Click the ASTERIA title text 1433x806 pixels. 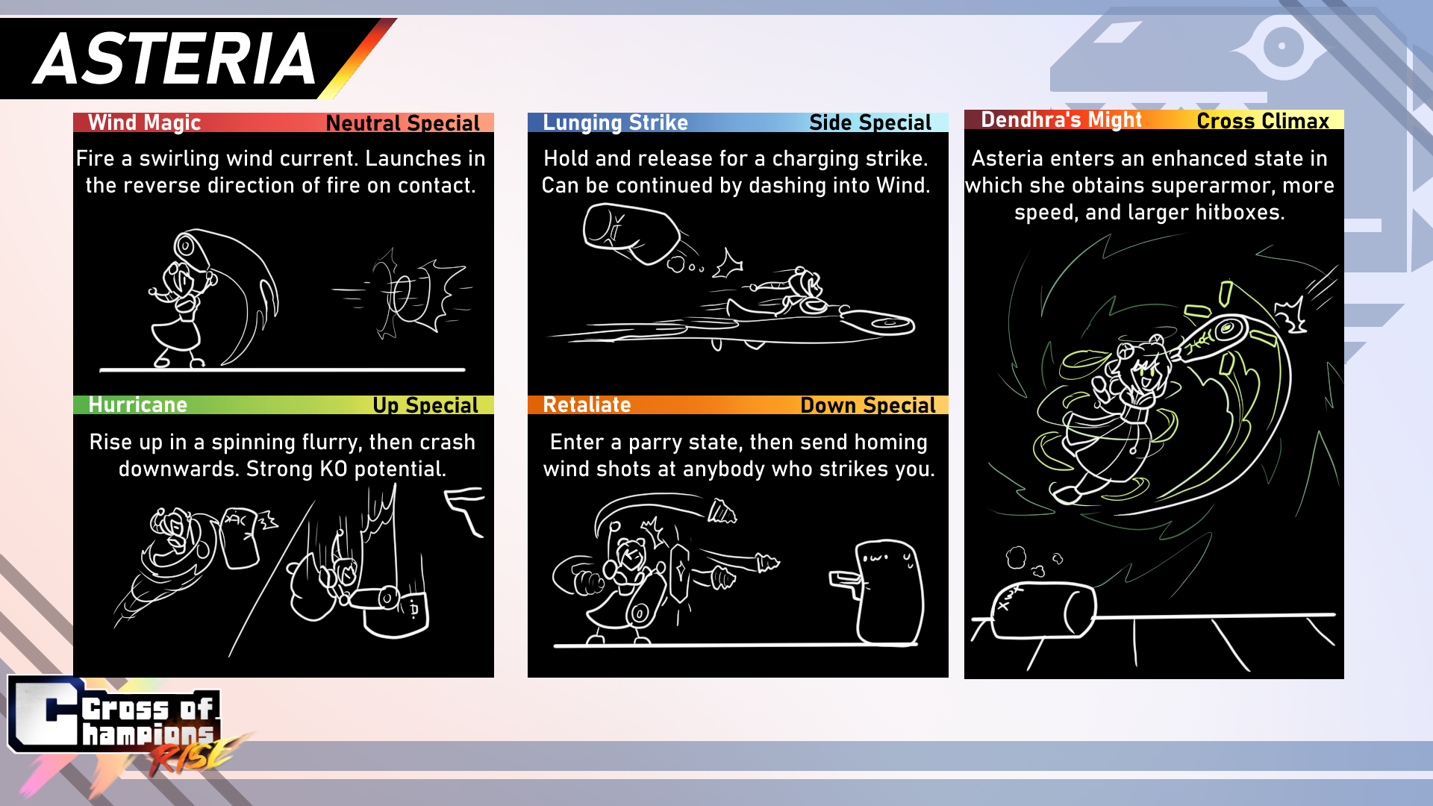(176, 59)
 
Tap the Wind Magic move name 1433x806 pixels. (145, 122)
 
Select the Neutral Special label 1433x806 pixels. (402, 123)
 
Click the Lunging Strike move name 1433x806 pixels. (615, 122)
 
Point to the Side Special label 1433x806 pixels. (870, 122)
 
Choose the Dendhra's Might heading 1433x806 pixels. (1061, 119)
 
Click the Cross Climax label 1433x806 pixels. (1263, 121)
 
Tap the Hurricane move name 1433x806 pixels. (138, 404)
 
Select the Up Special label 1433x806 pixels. (425, 405)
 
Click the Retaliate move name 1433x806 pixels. (587, 404)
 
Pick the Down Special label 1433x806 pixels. (868, 405)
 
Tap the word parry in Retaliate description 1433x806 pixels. (657, 443)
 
